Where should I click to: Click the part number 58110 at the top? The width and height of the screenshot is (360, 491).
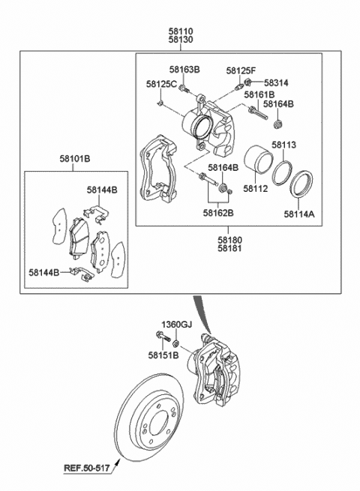pyautogui.click(x=181, y=31)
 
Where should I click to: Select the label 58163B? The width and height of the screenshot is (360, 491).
pyautogui.click(x=184, y=69)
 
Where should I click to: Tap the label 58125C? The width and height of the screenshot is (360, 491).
pyautogui.click(x=162, y=84)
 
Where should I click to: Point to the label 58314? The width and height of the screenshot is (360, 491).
pyautogui.click(x=276, y=83)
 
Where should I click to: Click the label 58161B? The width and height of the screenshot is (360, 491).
pyautogui.click(x=259, y=94)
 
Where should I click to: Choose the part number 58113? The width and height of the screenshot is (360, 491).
pyautogui.click(x=283, y=145)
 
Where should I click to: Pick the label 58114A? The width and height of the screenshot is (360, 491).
pyautogui.click(x=299, y=214)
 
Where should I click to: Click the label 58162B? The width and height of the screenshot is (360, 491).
pyautogui.click(x=218, y=213)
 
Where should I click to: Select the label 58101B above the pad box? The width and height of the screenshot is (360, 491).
pyautogui.click(x=75, y=159)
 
